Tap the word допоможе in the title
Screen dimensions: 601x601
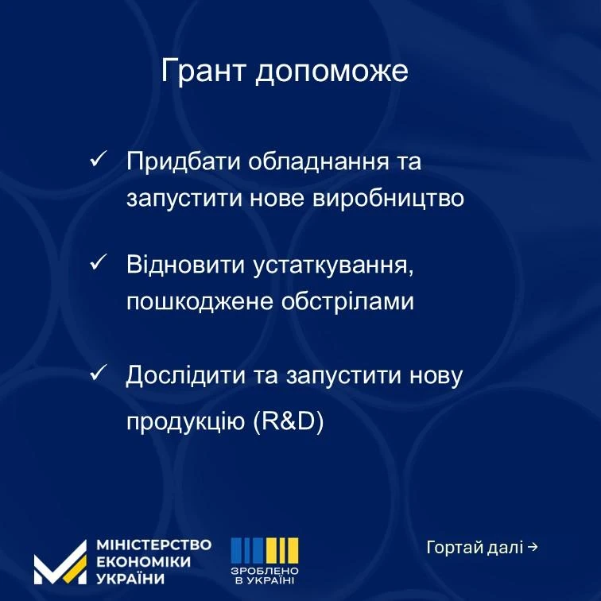tap(332, 72)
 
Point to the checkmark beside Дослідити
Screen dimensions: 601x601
tap(98, 372)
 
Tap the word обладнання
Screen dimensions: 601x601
tap(319, 161)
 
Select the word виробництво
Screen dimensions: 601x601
tap(389, 199)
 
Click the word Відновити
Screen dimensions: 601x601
tap(185, 265)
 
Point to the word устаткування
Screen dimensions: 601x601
tap(333, 266)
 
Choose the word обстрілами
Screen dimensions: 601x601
tap(347, 300)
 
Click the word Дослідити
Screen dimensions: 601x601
tap(185, 375)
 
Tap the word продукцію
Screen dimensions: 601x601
tap(185, 421)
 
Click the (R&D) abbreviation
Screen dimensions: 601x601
tap(289, 421)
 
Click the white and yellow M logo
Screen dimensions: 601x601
tap(60, 563)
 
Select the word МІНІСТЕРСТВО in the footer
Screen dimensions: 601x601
tap(153, 545)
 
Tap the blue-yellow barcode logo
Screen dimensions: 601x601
tap(265, 550)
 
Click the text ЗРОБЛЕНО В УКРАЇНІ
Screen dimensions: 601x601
tap(265, 576)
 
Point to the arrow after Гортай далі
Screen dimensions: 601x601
tap(533, 547)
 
